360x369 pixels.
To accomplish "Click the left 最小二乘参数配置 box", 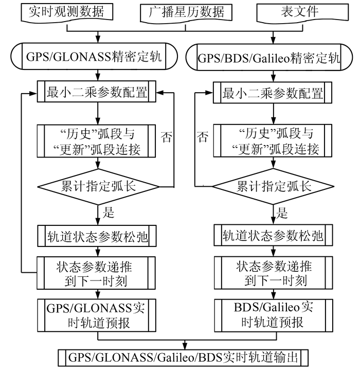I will (97, 93).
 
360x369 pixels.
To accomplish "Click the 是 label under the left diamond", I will (109, 212).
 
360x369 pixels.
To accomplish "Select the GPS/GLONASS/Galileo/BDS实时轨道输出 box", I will (185, 357).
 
